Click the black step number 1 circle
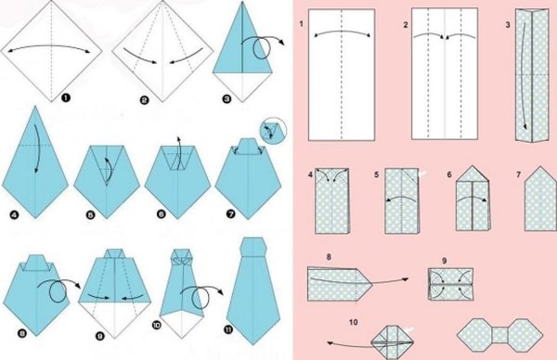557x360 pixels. pyautogui.click(x=66, y=97)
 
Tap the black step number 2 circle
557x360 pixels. pyautogui.click(x=144, y=101)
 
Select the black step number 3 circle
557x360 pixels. pyautogui.click(x=227, y=98)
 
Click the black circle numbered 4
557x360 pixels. pyautogui.click(x=14, y=214)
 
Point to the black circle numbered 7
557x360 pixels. pyautogui.click(x=230, y=213)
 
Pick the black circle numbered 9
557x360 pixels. pyautogui.click(x=100, y=336)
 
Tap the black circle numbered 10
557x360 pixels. pyautogui.click(x=156, y=325)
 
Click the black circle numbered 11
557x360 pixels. pyautogui.click(x=228, y=329)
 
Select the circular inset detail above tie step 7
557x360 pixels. pyautogui.click(x=273, y=131)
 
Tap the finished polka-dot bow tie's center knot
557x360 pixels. pyautogui.click(x=499, y=335)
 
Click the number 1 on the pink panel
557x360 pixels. pyautogui.click(x=301, y=24)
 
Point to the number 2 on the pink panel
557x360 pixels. pyautogui.click(x=406, y=25)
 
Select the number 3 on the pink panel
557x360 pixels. pyautogui.click(x=508, y=25)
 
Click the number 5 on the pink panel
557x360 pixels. pyautogui.click(x=377, y=174)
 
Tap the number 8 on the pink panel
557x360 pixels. pyautogui.click(x=329, y=257)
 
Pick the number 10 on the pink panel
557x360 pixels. pyautogui.click(x=354, y=322)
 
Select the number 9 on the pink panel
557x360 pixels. pyautogui.click(x=445, y=261)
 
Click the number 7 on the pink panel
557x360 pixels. pyautogui.click(x=519, y=174)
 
